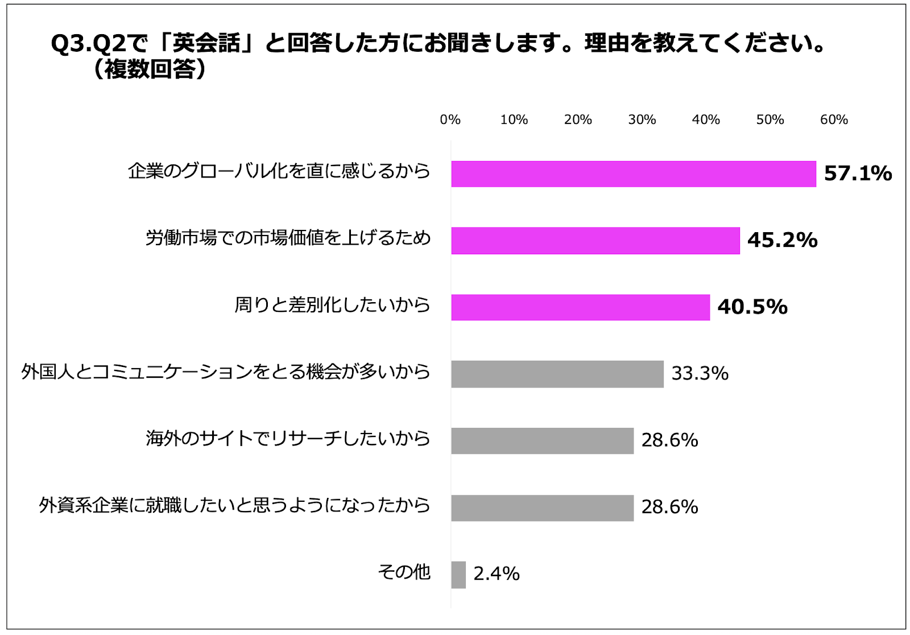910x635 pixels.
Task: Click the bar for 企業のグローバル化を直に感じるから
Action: [x=633, y=174]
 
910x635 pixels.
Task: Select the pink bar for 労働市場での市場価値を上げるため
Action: [x=595, y=240]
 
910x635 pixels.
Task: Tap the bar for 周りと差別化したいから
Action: [x=580, y=307]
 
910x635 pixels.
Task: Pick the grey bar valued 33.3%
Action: [x=557, y=374]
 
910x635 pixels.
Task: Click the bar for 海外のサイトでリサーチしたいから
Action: [x=542, y=440]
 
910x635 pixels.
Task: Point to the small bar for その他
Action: [x=458, y=574]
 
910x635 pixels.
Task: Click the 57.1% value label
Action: [x=858, y=174]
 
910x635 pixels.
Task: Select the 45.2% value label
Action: [x=782, y=240]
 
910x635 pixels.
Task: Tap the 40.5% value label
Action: [x=752, y=307]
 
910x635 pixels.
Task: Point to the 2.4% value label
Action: [x=496, y=574]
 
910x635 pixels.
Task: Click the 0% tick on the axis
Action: [x=450, y=119]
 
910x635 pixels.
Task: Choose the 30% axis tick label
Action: [x=642, y=119]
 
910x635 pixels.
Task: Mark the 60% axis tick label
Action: [x=833, y=119]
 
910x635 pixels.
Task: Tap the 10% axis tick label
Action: [x=514, y=119]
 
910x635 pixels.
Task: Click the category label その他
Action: [x=404, y=572]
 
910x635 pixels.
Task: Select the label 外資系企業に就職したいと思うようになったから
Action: [x=234, y=505]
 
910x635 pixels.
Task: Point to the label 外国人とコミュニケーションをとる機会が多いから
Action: [x=226, y=372]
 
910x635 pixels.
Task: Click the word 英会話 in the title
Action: [x=206, y=43]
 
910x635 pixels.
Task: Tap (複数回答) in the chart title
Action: [x=150, y=69]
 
